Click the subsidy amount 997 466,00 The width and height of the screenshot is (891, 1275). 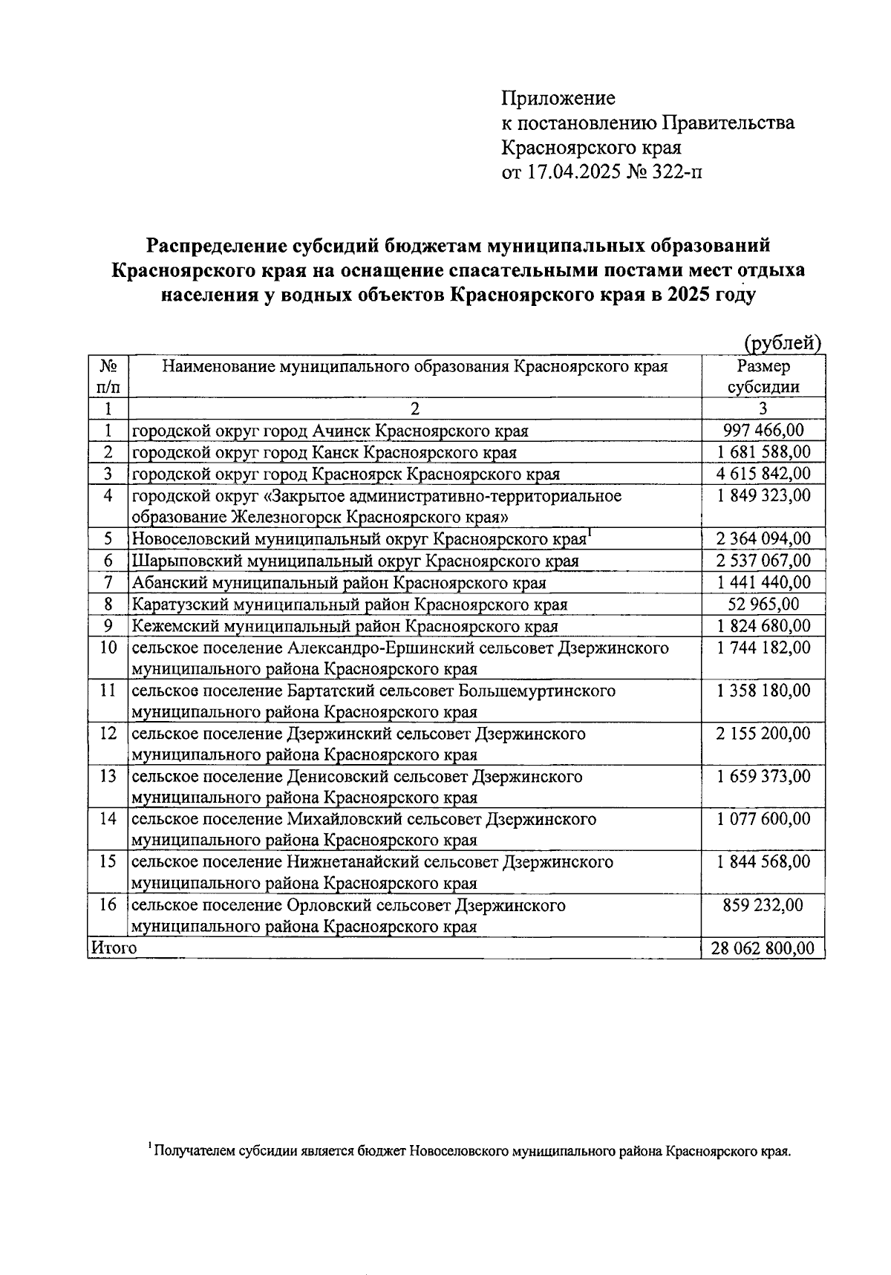763,431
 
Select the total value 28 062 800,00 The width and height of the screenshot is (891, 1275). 763,948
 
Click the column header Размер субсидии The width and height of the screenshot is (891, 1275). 763,376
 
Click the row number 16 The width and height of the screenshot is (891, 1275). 108,905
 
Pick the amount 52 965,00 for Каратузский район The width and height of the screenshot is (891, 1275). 763,604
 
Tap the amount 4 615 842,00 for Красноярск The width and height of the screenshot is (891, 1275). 763,474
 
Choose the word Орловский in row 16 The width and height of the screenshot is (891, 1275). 328,906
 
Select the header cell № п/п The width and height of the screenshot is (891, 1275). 108,376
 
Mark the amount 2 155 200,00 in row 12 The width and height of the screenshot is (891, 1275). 763,734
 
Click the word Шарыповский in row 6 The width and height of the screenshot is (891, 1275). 181,561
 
